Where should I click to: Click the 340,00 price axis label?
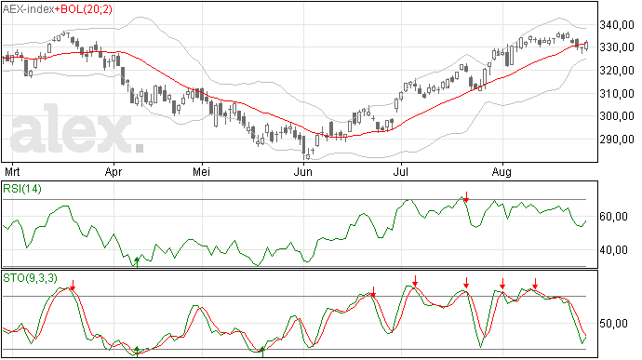pos(617,25)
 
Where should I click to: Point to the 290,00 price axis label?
pos(617,140)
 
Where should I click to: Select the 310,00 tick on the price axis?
pos(617,94)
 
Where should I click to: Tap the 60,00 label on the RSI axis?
pos(613,216)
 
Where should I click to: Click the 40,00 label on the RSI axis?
pos(613,250)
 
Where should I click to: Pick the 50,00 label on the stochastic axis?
pos(613,324)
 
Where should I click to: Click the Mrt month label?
pos(12,171)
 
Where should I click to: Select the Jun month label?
pos(303,171)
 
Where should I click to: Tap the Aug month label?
pos(502,172)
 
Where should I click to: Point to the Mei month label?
pos(202,171)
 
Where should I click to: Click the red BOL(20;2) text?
pos(87,9)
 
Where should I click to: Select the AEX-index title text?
pos(29,9)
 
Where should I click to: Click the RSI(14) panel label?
pos(22,189)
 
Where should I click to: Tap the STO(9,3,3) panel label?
pos(30,278)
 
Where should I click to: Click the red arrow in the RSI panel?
pos(466,196)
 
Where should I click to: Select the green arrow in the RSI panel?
pos(137,262)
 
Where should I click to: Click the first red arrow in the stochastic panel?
pos(73,286)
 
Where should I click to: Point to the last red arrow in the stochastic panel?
pos(535,284)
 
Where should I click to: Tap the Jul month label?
pos(400,171)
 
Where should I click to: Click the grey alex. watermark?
pos(77,129)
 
